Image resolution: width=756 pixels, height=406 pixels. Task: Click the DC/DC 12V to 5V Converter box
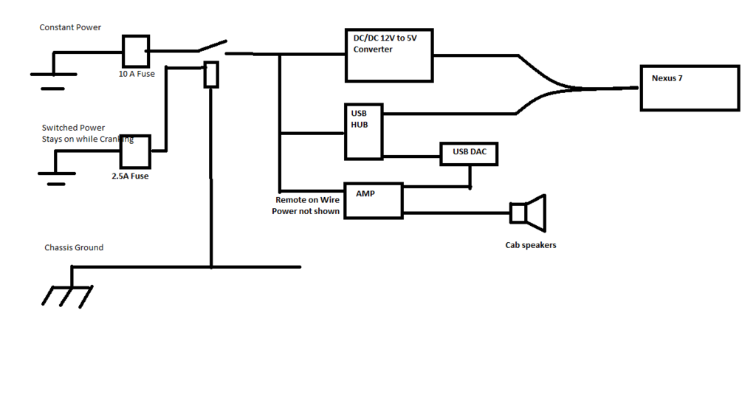(x=389, y=55)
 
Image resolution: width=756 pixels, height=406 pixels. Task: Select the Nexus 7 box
(x=690, y=88)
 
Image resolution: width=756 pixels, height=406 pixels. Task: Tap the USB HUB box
(x=363, y=132)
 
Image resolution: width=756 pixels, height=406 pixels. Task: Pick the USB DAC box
(x=469, y=153)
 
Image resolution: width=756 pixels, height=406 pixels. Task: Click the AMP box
(x=374, y=200)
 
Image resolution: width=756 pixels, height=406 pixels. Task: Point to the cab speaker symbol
(x=529, y=213)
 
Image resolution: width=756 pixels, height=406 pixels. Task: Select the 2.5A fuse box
(x=135, y=152)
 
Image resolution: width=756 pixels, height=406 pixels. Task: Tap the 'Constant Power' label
(x=70, y=27)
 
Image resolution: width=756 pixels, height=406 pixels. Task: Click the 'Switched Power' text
(x=73, y=128)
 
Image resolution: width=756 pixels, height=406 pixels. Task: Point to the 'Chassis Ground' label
(x=74, y=247)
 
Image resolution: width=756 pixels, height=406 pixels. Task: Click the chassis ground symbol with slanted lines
(x=68, y=293)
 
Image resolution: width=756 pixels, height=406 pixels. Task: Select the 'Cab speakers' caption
(x=530, y=245)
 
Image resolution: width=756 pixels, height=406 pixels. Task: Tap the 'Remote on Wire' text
(x=308, y=200)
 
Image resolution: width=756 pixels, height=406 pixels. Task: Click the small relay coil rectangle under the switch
(x=211, y=75)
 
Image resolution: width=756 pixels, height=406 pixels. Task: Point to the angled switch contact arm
(x=211, y=47)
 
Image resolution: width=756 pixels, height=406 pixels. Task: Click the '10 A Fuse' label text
(x=137, y=74)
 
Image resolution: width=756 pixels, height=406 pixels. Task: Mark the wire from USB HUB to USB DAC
(x=411, y=156)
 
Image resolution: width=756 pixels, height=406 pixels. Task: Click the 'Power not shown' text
(x=306, y=212)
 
